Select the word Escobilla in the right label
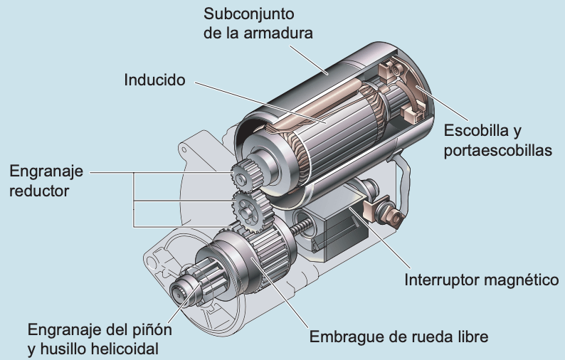(477, 131)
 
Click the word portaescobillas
(498, 151)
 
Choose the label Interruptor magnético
(481, 279)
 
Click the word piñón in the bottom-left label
(150, 330)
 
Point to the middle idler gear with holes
(247, 211)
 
